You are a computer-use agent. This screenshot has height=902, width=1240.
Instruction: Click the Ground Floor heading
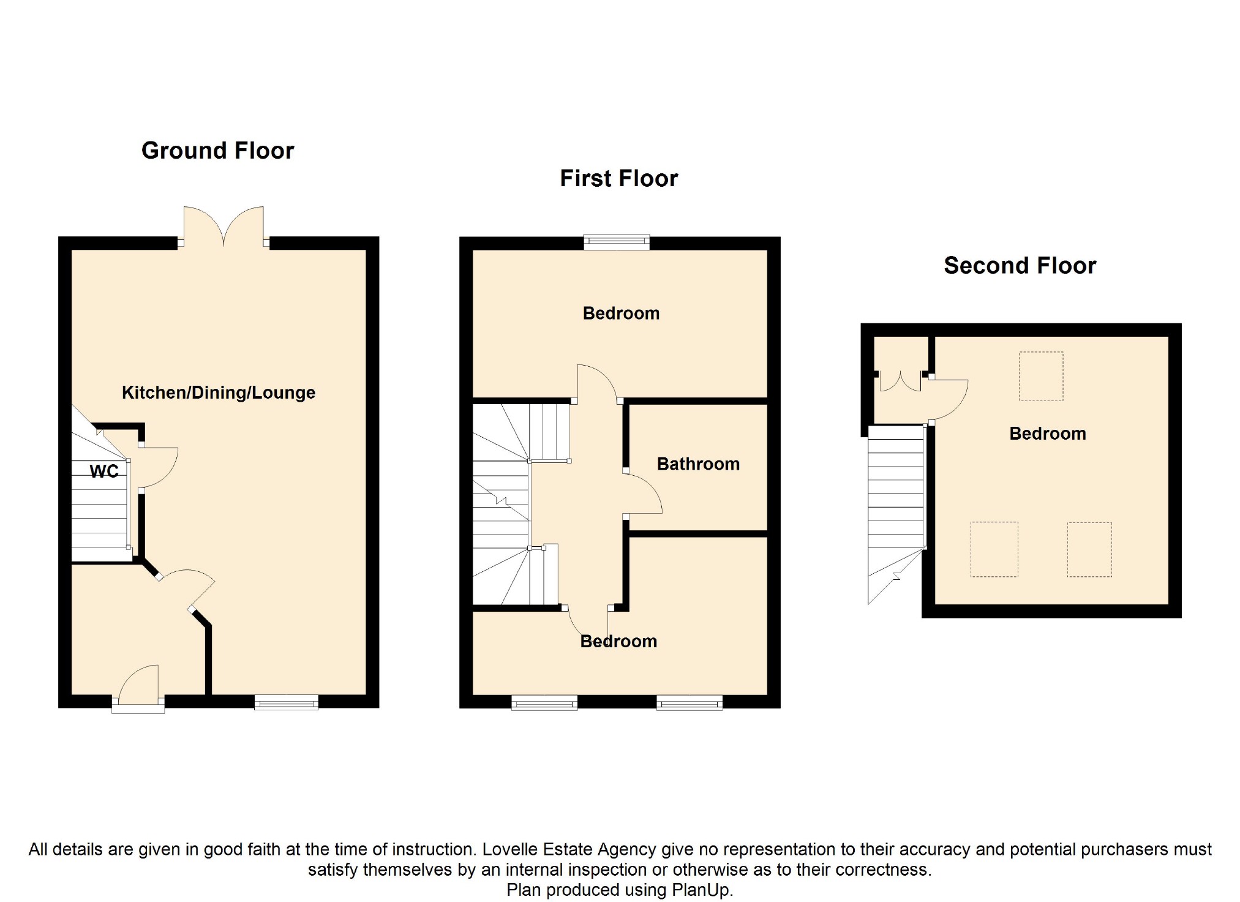(217, 151)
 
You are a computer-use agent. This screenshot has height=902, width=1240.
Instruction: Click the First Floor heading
(619, 179)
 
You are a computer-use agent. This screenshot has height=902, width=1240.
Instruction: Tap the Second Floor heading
(1020, 266)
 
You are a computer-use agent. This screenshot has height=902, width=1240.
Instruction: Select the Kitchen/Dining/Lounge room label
(219, 393)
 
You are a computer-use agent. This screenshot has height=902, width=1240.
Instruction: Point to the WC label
(104, 472)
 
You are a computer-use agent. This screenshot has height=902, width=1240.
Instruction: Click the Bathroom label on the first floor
(698, 464)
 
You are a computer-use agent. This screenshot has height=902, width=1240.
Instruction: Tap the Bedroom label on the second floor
(1048, 434)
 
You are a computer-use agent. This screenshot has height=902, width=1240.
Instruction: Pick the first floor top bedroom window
(617, 242)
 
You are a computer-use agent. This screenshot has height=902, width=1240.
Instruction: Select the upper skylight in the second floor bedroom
(1041, 376)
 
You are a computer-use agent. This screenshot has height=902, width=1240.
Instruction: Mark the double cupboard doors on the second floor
(900, 381)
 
